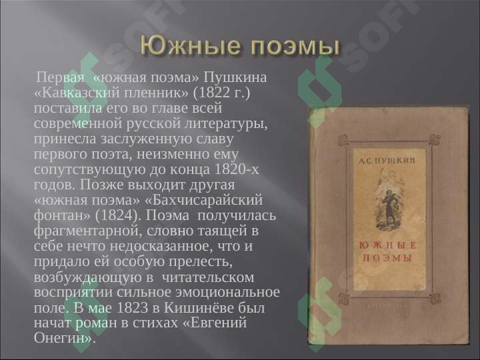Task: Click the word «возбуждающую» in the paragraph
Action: coord(85,277)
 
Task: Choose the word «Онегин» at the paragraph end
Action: coord(63,339)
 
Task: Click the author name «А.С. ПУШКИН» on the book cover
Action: coord(387,161)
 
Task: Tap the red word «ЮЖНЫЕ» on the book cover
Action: coord(387,246)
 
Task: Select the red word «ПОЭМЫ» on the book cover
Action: coord(387,258)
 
